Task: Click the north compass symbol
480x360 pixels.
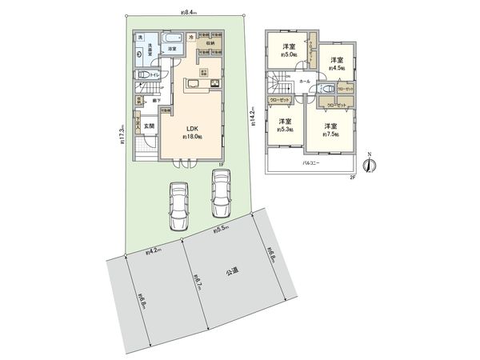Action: (x=368, y=165)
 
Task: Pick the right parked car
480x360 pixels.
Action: (x=219, y=192)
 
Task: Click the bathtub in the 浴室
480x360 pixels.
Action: (x=171, y=41)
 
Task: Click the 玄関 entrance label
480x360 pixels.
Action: (x=150, y=125)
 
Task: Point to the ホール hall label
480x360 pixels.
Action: (x=306, y=81)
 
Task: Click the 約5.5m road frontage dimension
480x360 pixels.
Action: (x=222, y=230)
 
